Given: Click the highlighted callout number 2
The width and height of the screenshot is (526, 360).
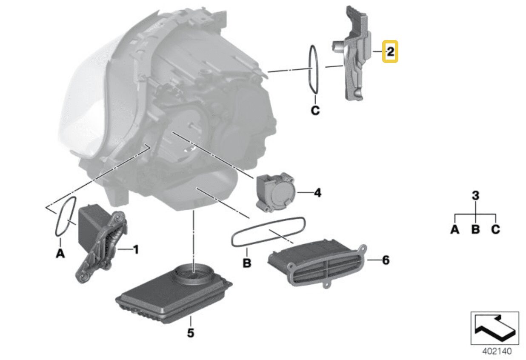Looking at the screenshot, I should click(x=390, y=52).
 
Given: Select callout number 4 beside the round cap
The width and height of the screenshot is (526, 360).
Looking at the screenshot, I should click(x=317, y=193).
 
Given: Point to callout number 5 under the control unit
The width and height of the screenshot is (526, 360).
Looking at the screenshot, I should click(x=190, y=332).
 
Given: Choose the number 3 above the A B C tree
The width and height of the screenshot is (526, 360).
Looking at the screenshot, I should click(x=476, y=196).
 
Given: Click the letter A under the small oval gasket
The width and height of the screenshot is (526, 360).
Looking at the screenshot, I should click(x=60, y=254).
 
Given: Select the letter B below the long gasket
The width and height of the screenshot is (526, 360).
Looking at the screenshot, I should click(x=247, y=263).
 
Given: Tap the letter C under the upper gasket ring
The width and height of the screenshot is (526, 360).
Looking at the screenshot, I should click(x=314, y=111).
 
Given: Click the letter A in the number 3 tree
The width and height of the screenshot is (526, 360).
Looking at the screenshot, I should click(x=455, y=230).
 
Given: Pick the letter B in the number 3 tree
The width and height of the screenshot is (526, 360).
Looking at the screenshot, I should click(x=475, y=230).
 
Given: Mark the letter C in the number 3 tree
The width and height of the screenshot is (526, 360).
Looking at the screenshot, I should click(x=495, y=230).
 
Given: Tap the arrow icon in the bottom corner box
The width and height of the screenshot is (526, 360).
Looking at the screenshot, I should click(x=495, y=328).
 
